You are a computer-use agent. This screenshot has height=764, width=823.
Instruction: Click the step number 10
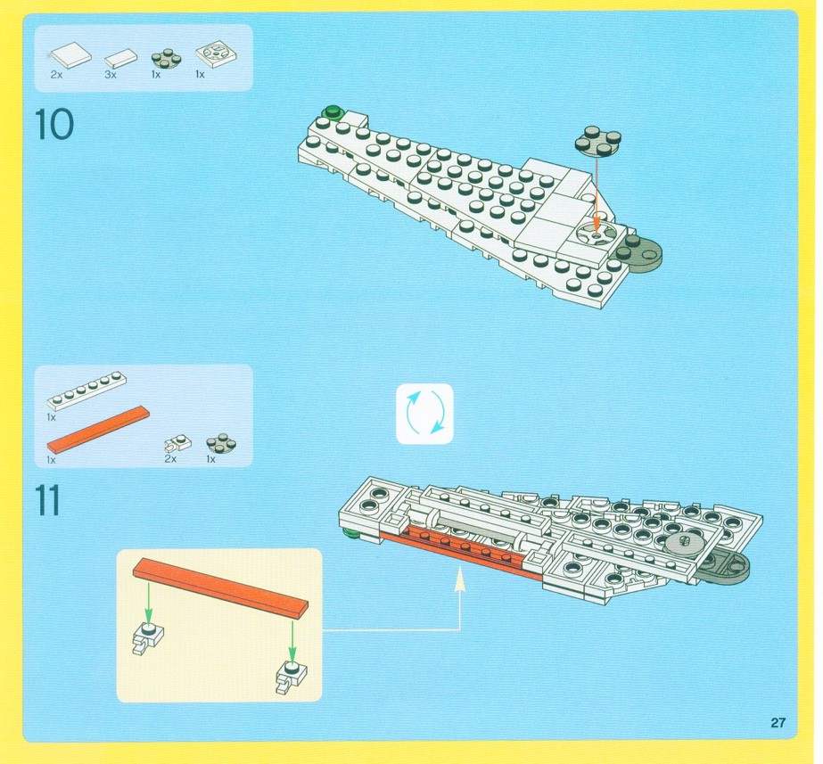[x=54, y=124]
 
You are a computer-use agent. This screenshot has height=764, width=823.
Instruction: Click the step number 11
[x=48, y=501]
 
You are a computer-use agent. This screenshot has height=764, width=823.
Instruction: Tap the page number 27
[x=778, y=723]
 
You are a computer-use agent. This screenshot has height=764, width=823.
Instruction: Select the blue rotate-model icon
[x=424, y=414]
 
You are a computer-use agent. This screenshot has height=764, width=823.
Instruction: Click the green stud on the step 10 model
[x=333, y=111]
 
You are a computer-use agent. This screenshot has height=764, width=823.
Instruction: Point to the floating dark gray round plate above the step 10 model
[x=597, y=141]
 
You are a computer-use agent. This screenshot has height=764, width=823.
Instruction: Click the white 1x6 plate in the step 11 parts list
[x=86, y=390]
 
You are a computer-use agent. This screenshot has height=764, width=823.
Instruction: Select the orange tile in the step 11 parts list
[x=99, y=429]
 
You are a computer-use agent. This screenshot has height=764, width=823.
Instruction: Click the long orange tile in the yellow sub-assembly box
[x=220, y=589]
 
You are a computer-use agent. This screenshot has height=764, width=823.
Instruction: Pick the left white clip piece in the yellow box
[x=148, y=638]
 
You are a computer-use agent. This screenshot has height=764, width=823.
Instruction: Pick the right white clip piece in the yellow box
[x=292, y=676]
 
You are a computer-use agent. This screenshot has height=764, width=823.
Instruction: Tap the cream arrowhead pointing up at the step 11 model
[x=460, y=579]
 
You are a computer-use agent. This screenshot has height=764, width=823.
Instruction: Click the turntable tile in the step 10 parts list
[x=217, y=54]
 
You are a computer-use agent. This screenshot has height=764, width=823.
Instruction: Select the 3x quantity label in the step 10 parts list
[x=111, y=75]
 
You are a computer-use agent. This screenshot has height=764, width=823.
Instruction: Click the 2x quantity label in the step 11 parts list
[x=170, y=459]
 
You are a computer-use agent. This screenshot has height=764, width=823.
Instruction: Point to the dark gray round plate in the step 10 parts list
[x=167, y=58]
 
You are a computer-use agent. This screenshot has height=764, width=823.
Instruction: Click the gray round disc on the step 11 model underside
[x=684, y=545]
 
